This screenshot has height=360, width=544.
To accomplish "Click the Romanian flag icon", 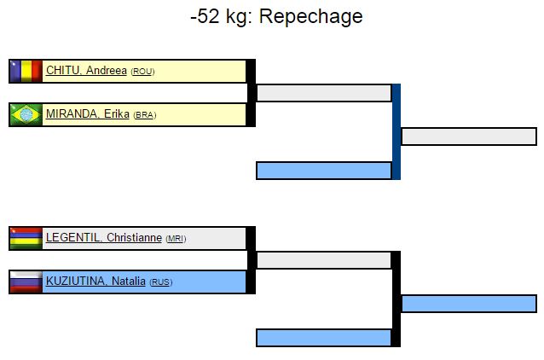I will pyautogui.click(x=26, y=71).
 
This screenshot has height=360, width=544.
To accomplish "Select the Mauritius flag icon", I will pyautogui.click(x=26, y=238).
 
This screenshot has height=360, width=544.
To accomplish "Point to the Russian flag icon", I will pyautogui.click(x=26, y=282).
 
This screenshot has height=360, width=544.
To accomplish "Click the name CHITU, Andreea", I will pyautogui.click(x=86, y=71).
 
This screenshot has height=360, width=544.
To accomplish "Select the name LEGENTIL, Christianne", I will pyautogui.click(x=103, y=238).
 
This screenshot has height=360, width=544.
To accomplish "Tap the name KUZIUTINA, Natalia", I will pyautogui.click(x=96, y=282).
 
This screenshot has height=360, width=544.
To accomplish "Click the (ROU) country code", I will pyautogui.click(x=142, y=72).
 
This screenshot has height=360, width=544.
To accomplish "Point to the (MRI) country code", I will pyautogui.click(x=176, y=239).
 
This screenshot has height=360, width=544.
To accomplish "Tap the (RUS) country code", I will pyautogui.click(x=160, y=283).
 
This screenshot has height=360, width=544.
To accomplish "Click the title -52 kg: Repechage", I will pyautogui.click(x=276, y=16).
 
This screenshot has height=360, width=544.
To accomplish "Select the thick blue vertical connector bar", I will pyautogui.click(x=396, y=131).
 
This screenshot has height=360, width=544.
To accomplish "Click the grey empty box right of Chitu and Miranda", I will pyautogui.click(x=324, y=93).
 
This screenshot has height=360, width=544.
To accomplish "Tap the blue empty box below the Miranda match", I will pyautogui.click(x=324, y=171).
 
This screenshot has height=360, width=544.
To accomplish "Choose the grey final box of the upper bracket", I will pyautogui.click(x=468, y=136).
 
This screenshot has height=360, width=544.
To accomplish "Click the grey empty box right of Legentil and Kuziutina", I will pyautogui.click(x=324, y=260).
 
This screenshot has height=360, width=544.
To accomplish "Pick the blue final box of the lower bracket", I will pyautogui.click(x=468, y=304).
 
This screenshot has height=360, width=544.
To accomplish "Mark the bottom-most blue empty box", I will pyautogui.click(x=324, y=338).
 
